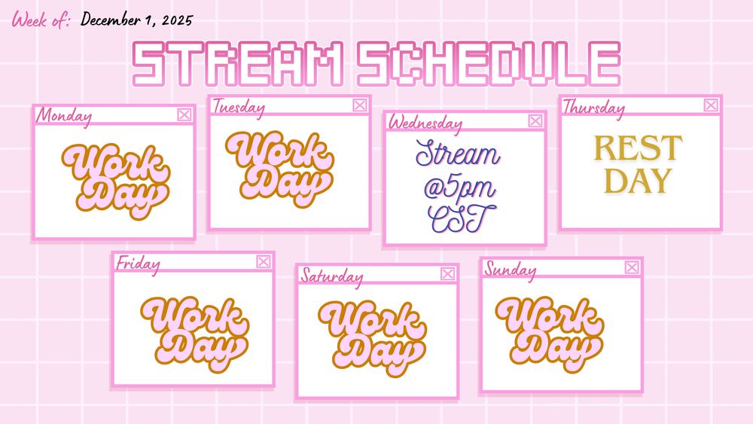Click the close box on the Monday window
(x=184, y=114)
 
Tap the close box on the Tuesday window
(x=360, y=105)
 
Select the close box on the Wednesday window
(x=535, y=120)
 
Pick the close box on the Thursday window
(x=712, y=105)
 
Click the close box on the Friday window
(x=263, y=261)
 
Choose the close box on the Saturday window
(x=447, y=273)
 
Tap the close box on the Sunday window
(x=632, y=267)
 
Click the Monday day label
(x=64, y=116)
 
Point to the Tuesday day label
(x=239, y=107)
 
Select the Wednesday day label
(x=425, y=123)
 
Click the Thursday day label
(x=593, y=108)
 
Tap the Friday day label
(x=138, y=264)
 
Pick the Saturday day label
(x=332, y=276)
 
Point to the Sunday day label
(x=510, y=270)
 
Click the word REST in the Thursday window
(x=639, y=148)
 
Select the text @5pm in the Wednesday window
(x=459, y=188)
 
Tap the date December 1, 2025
(x=137, y=20)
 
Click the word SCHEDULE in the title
(x=489, y=64)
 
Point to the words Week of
(x=41, y=20)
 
